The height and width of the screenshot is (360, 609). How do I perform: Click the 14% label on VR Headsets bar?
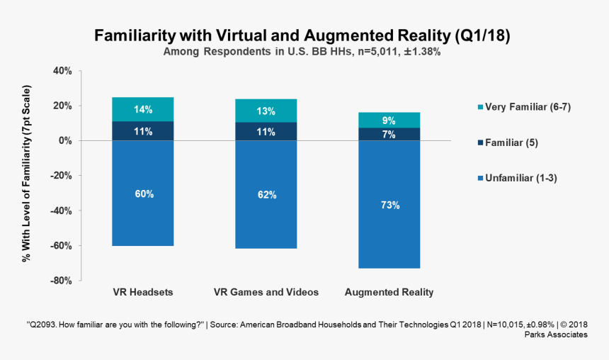pos(143,110)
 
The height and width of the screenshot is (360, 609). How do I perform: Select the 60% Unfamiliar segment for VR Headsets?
pos(143,193)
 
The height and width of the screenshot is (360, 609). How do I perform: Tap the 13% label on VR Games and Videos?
pos(266,111)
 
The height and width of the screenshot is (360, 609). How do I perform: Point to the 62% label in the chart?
pos(266,194)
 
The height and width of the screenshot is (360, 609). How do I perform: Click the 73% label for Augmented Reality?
pos(389,206)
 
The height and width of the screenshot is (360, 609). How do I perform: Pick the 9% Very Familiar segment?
pos(389,120)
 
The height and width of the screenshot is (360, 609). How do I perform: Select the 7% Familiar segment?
pos(389,135)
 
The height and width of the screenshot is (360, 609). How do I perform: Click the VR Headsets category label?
pos(143,292)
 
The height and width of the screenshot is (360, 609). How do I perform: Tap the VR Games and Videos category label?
pos(266,292)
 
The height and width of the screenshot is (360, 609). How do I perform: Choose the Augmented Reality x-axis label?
pos(389,292)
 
